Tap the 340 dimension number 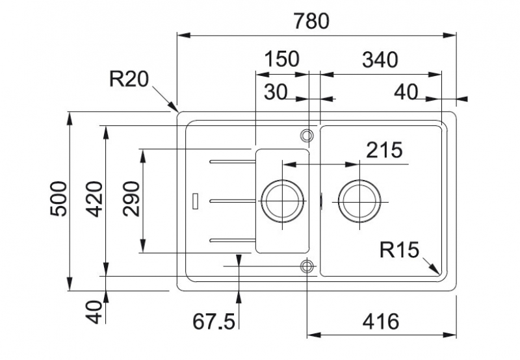point(379,59)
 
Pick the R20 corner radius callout point(129,79)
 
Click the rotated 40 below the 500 point(95,311)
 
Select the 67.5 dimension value point(213,321)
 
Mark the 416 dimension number point(380,320)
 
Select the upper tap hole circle point(307,135)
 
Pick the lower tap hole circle point(307,266)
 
